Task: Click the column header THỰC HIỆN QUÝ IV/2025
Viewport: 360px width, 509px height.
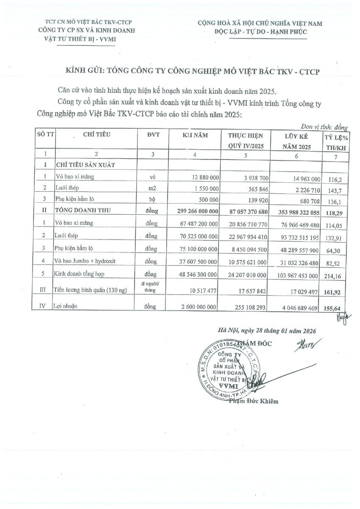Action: pos(246,141)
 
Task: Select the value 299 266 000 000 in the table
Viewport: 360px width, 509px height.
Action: pos(194,211)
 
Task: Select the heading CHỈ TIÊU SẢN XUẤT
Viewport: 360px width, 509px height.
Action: pos(86,164)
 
